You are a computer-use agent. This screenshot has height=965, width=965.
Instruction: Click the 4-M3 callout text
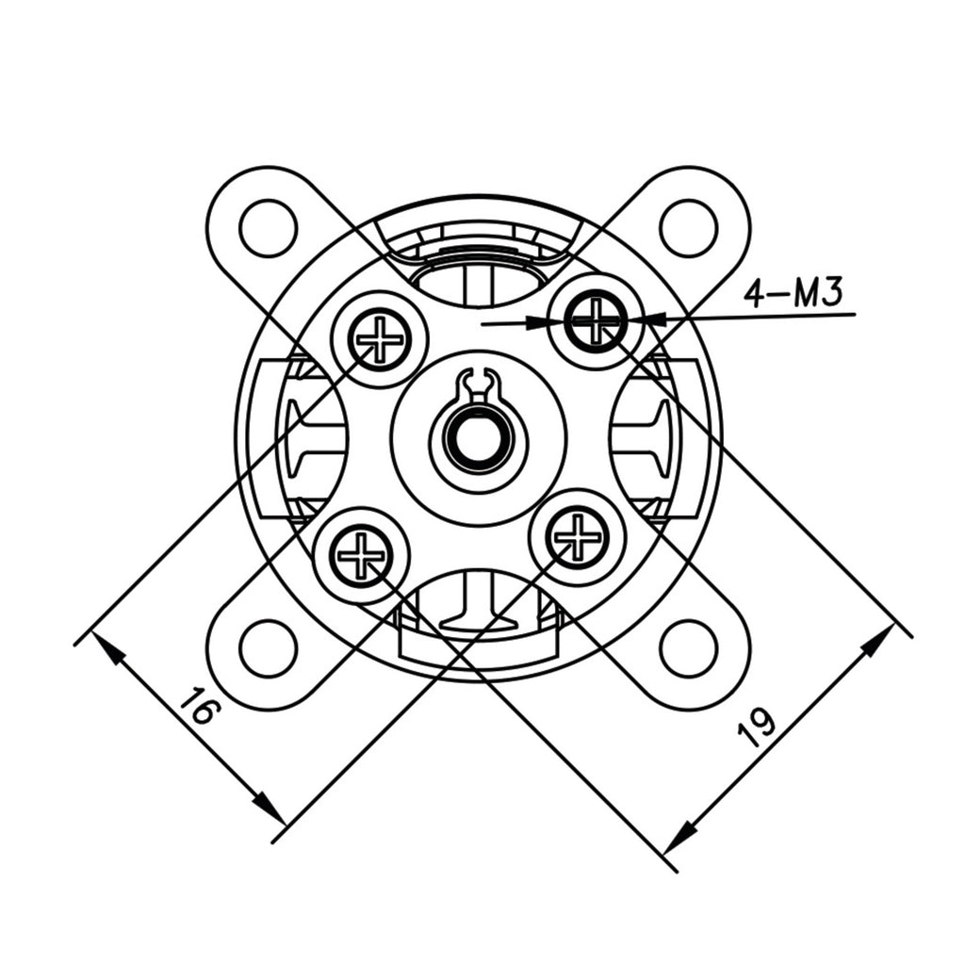point(792,294)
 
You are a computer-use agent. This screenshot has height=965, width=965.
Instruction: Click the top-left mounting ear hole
point(269,228)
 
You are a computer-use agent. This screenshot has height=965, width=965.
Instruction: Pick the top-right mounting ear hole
point(689,228)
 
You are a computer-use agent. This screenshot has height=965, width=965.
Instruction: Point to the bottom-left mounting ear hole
point(269,648)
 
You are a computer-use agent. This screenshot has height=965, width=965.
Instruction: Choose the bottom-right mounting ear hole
point(689,648)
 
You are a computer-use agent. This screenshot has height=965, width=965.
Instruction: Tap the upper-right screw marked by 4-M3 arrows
point(596,320)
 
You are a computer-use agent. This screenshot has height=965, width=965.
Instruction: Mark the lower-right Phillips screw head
point(578,536)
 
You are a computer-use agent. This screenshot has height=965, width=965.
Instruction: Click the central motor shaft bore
point(479,440)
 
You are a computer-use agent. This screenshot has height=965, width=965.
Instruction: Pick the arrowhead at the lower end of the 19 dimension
point(679,838)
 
